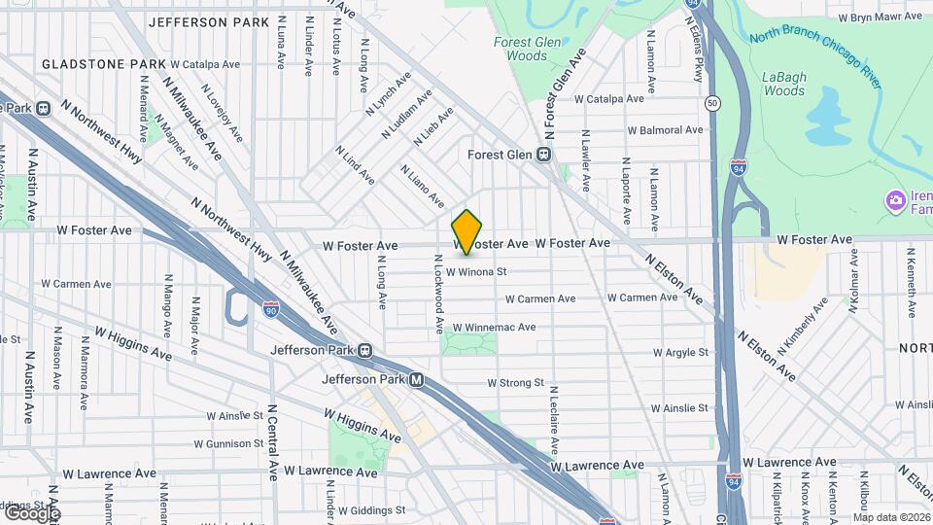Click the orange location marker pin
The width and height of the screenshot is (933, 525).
(x=466, y=232)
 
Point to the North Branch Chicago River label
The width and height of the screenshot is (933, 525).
(x=816, y=56)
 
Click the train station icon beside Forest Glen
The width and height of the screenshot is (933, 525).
(x=545, y=155)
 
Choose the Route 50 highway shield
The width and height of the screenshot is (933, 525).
(x=713, y=102)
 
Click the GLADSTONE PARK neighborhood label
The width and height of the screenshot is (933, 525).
(x=100, y=64)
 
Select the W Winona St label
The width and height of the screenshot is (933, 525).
(x=477, y=272)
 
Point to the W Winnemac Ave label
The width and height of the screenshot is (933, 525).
(x=495, y=328)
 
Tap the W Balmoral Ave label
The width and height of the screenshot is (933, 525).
(x=665, y=129)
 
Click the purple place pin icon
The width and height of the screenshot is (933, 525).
(x=894, y=202)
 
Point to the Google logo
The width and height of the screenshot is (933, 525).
(x=31, y=512)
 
